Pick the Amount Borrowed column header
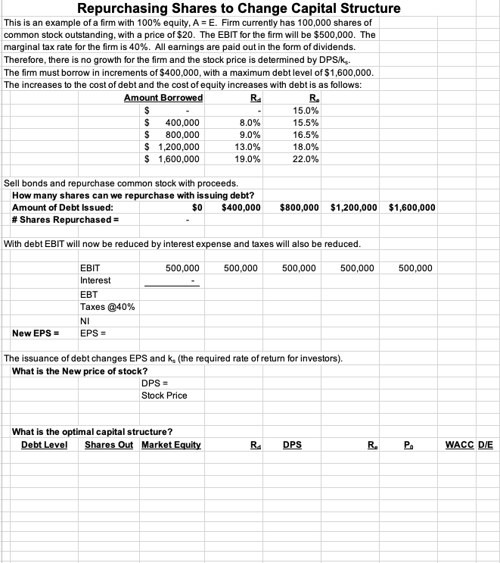[x=163, y=99]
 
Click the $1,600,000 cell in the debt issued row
[x=411, y=208]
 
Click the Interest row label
[x=95, y=280]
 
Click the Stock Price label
[x=164, y=396]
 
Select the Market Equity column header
[x=171, y=445]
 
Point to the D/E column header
[x=486, y=445]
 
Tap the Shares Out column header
[x=109, y=445]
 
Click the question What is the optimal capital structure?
[x=92, y=432]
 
